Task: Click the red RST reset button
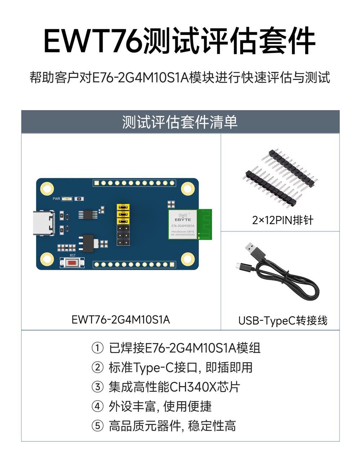coord(72,263)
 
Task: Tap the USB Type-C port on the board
coord(44,223)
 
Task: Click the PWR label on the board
coord(57,199)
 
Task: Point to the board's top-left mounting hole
coord(47,189)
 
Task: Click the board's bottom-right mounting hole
coord(188,259)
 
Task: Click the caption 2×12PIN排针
coord(283,220)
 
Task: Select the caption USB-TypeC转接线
coord(283,320)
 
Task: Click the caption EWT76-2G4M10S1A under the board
coord(121,319)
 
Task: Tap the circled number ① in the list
coord(98,348)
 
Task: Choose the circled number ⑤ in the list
coord(98,426)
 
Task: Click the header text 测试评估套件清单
coord(180,122)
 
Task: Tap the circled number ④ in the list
coord(98,407)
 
